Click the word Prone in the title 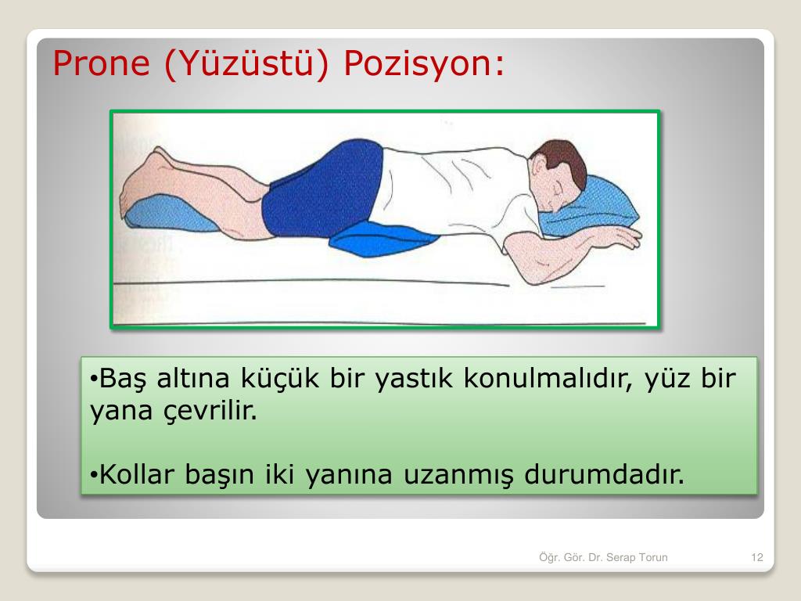[x=101, y=63]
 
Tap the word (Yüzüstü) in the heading [x=246, y=63]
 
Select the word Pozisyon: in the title [x=424, y=64]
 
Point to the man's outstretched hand [x=618, y=236]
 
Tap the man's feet [x=145, y=179]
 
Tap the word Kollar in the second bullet [x=137, y=474]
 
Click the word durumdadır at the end [x=605, y=474]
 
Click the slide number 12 [x=757, y=557]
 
